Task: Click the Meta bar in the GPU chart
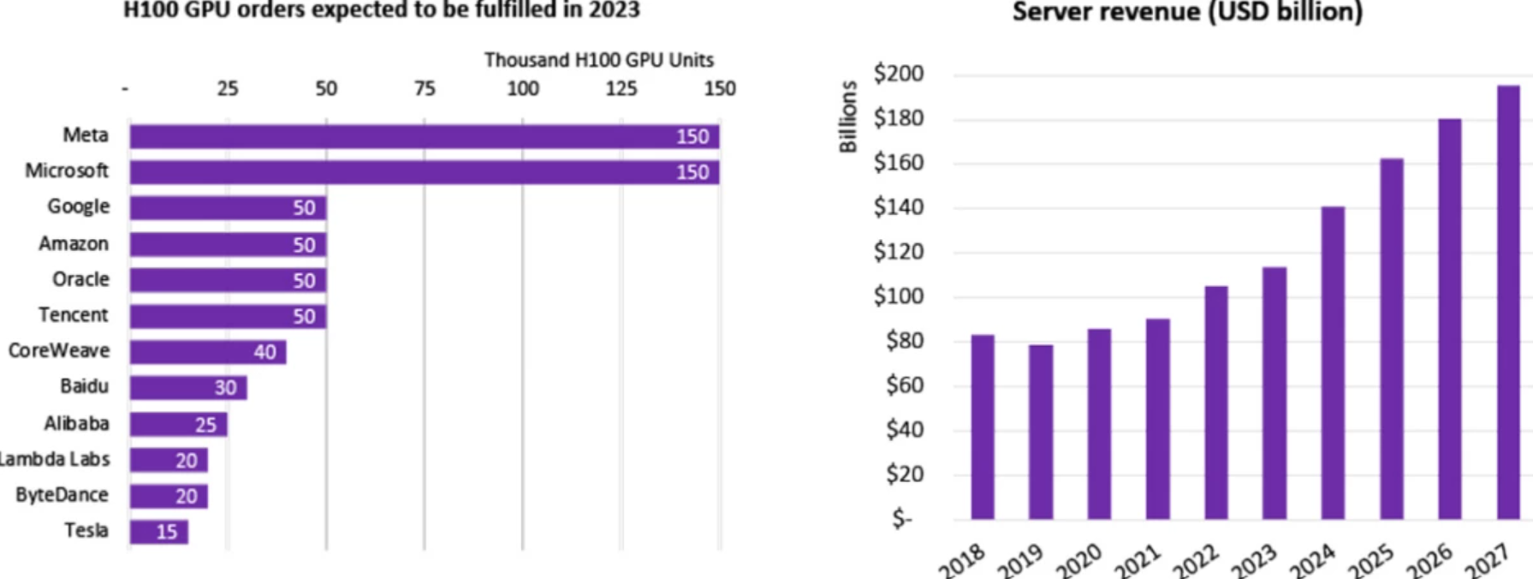tap(425, 136)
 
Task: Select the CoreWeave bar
tap(208, 352)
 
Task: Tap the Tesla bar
tap(159, 532)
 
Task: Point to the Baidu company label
tap(84, 386)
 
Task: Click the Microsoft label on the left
tap(67, 170)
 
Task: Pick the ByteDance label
tap(62, 495)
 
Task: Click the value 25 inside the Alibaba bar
tap(205, 425)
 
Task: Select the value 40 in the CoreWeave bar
tap(264, 352)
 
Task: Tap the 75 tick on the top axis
tap(425, 88)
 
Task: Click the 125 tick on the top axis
tap(621, 88)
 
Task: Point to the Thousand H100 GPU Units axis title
tap(598, 60)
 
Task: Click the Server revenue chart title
tap(1187, 12)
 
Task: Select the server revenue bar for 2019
tap(1041, 432)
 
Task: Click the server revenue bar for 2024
tap(1333, 362)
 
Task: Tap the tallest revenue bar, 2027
tap(1508, 302)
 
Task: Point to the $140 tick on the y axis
tap(898, 207)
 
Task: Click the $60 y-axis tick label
tap(905, 385)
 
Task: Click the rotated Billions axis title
tap(847, 116)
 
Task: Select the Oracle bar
tap(228, 280)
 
